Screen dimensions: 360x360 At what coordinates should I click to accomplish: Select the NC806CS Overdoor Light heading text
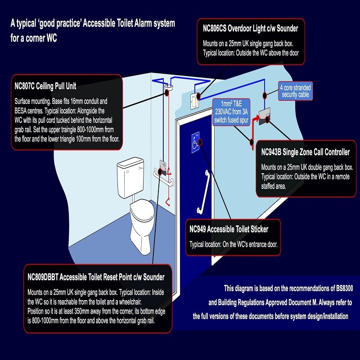coord(250,29)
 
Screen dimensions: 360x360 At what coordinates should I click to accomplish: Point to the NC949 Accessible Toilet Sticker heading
coord(229,229)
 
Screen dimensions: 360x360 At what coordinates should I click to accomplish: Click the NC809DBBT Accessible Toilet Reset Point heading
coord(96,276)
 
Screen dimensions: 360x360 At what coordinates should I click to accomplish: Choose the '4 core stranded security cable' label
coord(295,91)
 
